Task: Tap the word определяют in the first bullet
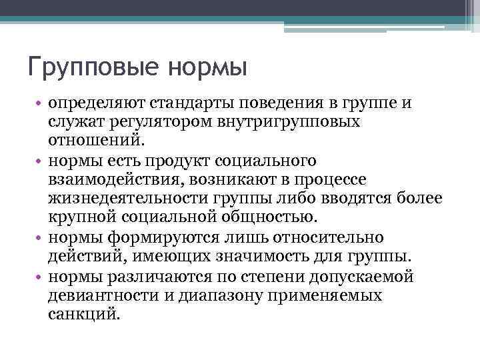(95, 105)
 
